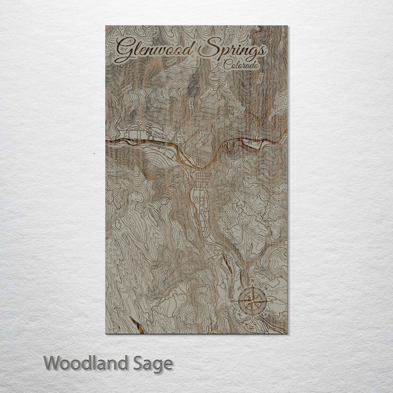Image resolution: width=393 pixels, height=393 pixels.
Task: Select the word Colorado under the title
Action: [242, 65]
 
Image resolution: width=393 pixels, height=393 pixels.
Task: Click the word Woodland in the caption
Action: [86, 363]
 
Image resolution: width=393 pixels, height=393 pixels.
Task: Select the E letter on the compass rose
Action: [271, 301]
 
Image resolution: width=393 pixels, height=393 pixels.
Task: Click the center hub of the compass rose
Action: [252, 301]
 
